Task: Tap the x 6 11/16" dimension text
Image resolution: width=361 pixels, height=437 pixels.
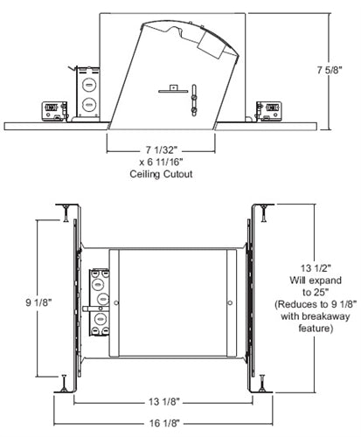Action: pyautogui.click(x=144, y=163)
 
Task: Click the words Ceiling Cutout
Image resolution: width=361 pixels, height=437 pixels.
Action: pyautogui.click(x=144, y=174)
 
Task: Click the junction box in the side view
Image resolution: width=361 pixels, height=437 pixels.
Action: pyautogui.click(x=87, y=90)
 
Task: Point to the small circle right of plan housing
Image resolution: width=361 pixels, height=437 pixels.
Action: pyautogui.click(x=230, y=304)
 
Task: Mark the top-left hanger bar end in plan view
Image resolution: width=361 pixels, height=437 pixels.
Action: pyautogui.click(x=66, y=211)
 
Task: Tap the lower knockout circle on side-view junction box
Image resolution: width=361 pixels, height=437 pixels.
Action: pyautogui.click(x=87, y=102)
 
